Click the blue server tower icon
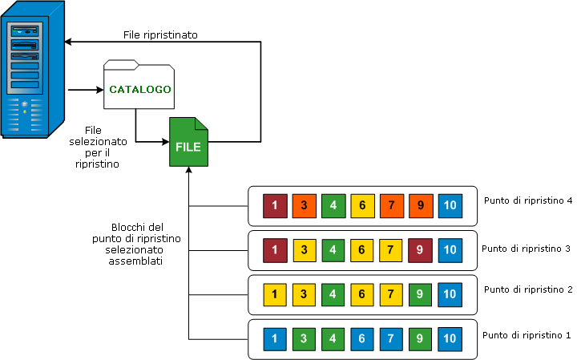(33, 71)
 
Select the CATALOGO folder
(139, 87)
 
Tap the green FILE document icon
(188, 142)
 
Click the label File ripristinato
(161, 35)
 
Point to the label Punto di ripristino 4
(527, 200)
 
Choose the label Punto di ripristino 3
(526, 249)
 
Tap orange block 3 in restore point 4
(305, 206)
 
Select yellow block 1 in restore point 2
(275, 293)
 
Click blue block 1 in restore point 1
(275, 338)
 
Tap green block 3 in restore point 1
(305, 338)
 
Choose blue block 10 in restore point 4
(450, 206)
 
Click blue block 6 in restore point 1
(362, 338)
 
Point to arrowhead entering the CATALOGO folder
(99, 89)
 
